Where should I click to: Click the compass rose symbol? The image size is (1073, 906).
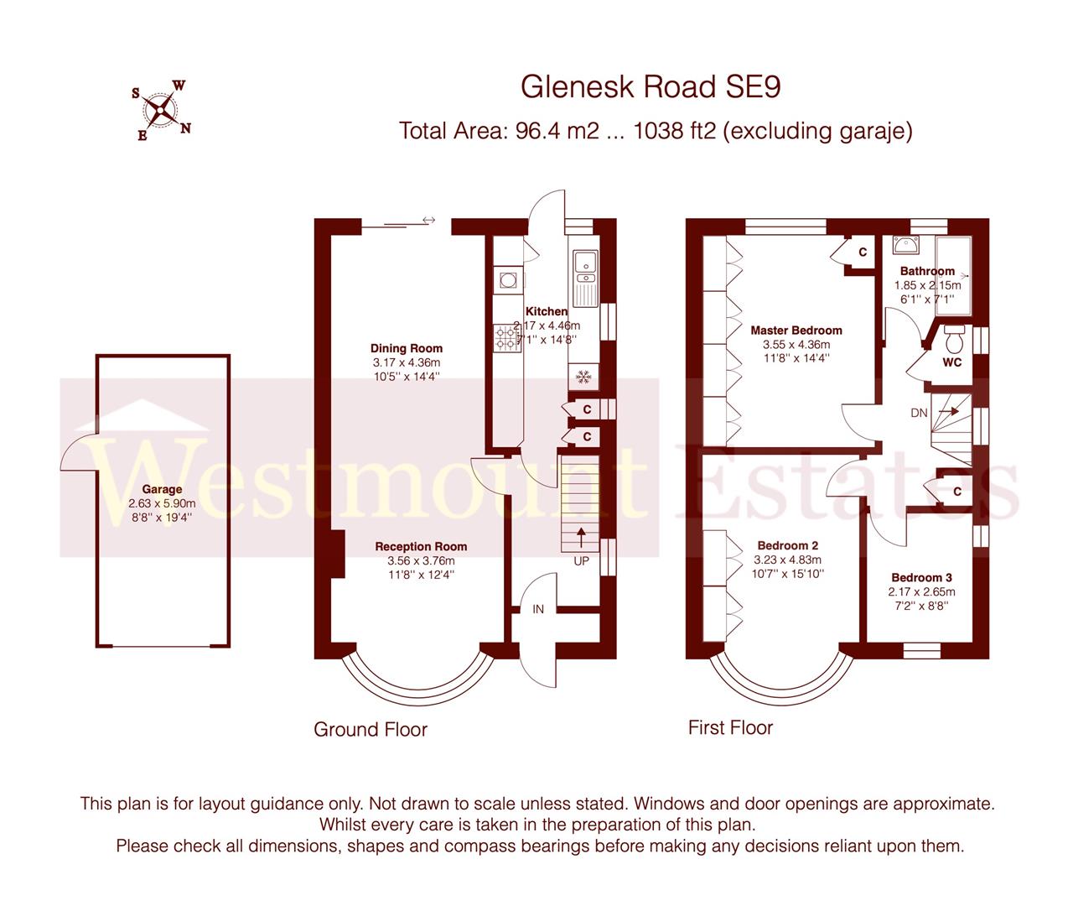click(x=160, y=110)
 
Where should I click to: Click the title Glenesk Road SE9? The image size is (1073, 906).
click(x=651, y=86)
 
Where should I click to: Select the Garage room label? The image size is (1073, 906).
click(x=162, y=490)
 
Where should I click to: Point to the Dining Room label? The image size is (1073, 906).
click(x=407, y=348)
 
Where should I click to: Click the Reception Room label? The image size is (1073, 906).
click(x=421, y=547)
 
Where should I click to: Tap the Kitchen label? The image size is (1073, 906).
click(x=547, y=312)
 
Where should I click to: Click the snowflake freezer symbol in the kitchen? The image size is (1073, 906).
click(x=583, y=378)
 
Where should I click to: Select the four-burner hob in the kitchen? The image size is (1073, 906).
click(x=507, y=337)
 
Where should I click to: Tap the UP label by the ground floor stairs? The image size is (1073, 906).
click(x=582, y=561)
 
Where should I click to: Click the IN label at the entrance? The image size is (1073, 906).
click(x=538, y=609)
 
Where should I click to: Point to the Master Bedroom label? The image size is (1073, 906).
click(x=796, y=331)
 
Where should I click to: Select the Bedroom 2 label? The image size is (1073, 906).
click(x=788, y=546)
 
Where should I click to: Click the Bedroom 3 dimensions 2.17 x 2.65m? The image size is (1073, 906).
click(x=922, y=591)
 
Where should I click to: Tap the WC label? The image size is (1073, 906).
click(x=952, y=362)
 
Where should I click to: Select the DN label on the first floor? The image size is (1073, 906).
click(x=919, y=413)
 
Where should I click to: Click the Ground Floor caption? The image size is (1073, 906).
click(x=371, y=730)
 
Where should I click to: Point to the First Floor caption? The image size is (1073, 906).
click(x=730, y=727)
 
